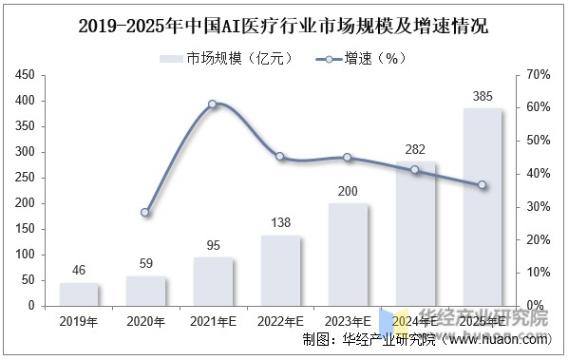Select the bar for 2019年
79,295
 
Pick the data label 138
280,221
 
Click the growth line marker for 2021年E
213,104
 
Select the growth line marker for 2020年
145,213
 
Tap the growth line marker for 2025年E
483,185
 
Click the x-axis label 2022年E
280,321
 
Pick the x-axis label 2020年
145,321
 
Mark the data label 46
79,271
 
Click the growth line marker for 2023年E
348,158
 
